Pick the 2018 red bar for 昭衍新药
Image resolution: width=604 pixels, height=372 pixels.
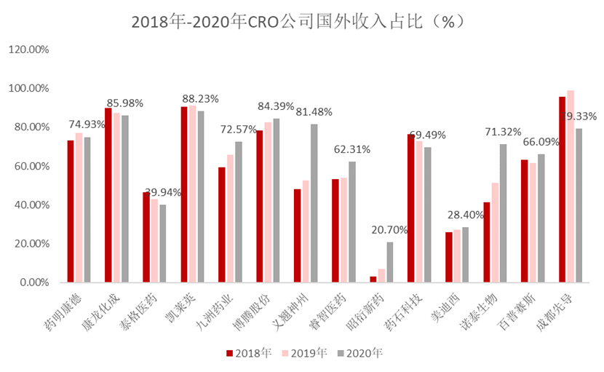pos(373,279)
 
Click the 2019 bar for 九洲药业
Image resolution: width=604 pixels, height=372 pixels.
pos(230,218)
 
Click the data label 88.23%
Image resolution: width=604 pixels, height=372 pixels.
pos(200,98)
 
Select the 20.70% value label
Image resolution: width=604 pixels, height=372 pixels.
pos(389,230)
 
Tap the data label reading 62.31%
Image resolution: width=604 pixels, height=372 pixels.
pos(352,149)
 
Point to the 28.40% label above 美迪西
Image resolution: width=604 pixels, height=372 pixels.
pos(465,215)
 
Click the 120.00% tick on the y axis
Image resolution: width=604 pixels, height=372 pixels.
pos(28,50)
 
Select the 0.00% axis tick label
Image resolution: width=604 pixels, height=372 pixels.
pos(33,282)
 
